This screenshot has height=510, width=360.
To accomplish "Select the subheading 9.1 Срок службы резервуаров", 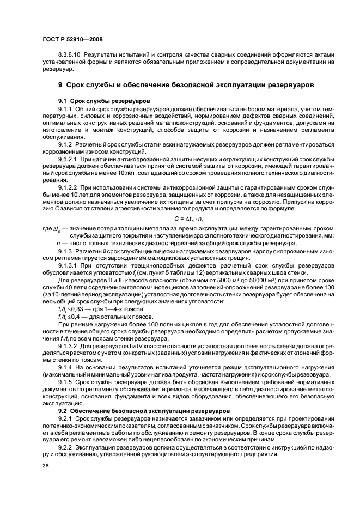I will point(96,101).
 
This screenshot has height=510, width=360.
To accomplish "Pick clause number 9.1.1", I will point(65,110).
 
